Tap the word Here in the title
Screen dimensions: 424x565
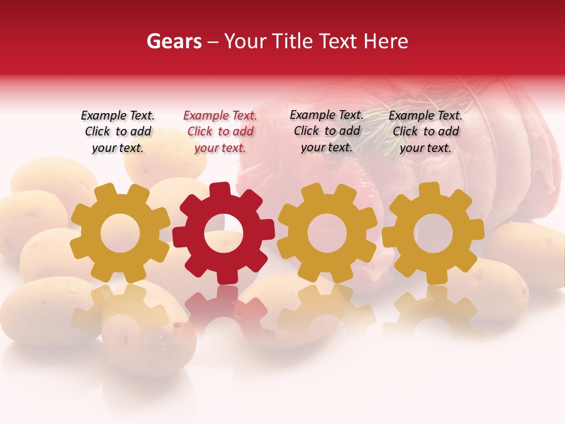(385, 41)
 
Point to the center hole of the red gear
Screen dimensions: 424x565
(224, 233)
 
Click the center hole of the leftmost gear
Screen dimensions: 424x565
(119, 233)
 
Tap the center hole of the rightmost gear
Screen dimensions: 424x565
(433, 233)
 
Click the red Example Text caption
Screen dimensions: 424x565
(220, 131)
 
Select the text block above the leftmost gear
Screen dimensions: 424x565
(118, 131)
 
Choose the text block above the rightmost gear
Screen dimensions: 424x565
(426, 131)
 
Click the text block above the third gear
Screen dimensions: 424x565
(327, 131)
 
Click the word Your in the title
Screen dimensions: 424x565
(246, 41)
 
